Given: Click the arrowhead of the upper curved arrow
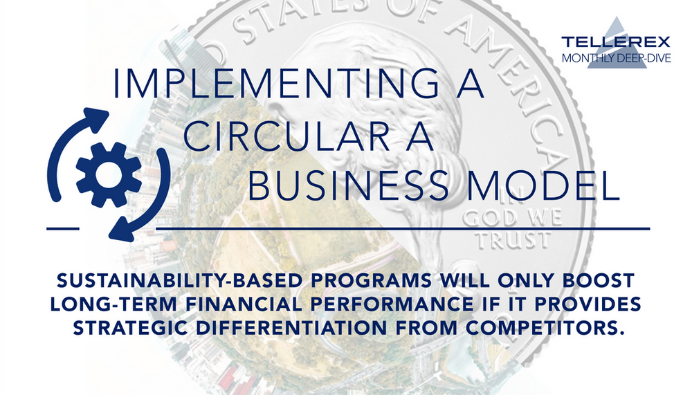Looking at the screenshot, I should click(98, 117).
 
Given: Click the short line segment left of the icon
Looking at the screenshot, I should click(62, 227).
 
